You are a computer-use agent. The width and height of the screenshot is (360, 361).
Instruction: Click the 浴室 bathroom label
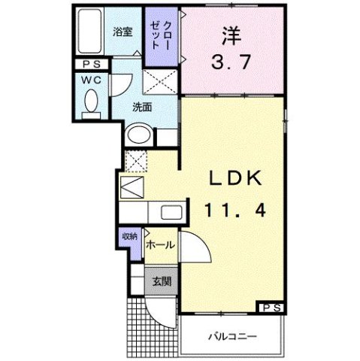coord(123,32)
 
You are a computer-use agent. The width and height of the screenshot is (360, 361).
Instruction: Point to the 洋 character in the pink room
coord(231,35)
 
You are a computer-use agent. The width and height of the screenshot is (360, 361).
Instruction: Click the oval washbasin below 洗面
coord(140,135)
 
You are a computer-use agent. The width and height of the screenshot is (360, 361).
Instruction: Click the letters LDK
coord(234,180)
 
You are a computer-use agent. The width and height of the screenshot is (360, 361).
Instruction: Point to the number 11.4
coord(234,211)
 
